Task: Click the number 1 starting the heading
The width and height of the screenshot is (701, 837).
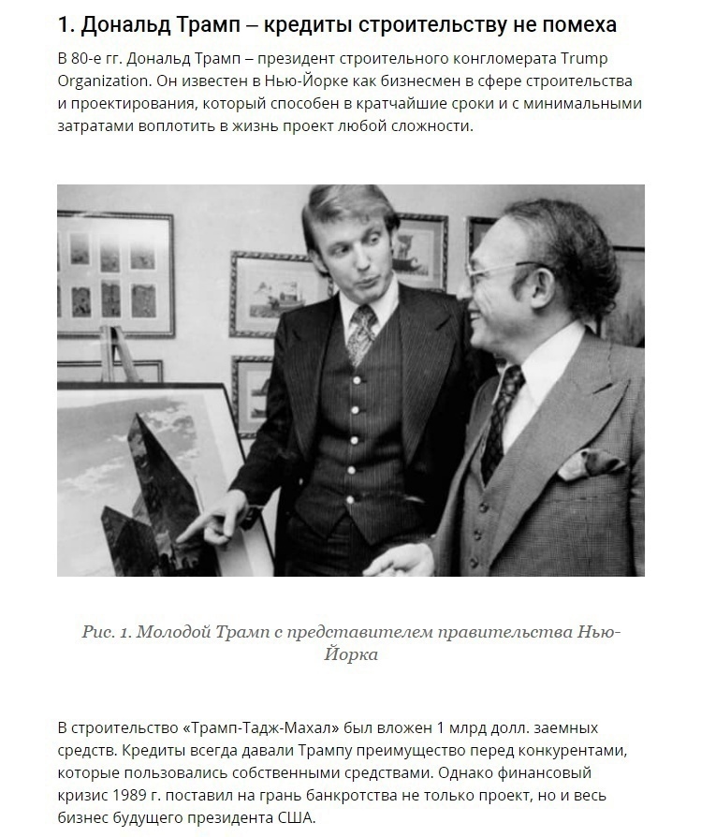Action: point(63,25)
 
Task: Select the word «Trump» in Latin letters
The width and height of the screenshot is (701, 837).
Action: point(612,59)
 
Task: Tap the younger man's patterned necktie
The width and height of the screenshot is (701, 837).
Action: point(361,332)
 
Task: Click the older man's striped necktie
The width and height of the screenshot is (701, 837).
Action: point(499,412)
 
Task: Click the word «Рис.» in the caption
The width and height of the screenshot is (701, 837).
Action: point(98,631)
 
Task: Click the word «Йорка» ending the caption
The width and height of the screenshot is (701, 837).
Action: point(350,654)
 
